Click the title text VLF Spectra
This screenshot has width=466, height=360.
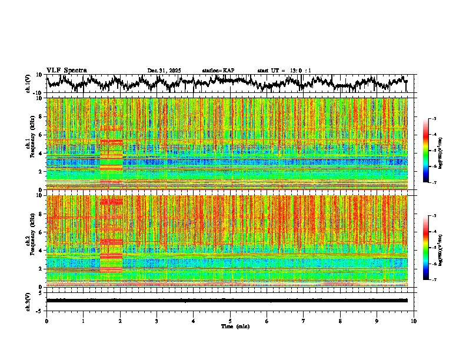click(66, 70)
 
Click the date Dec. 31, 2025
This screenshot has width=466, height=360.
click(164, 71)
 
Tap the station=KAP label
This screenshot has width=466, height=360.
click(218, 71)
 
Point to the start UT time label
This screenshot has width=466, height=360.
click(284, 71)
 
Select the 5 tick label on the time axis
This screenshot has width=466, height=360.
click(230, 321)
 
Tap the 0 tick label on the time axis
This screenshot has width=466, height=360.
click(46, 321)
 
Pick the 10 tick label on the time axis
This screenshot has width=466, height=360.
click(414, 321)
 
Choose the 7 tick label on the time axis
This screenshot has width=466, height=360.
click(304, 321)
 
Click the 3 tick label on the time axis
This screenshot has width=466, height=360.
click(157, 321)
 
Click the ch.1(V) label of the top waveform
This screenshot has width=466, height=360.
click(28, 84)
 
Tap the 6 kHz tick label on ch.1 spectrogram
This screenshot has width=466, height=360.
click(41, 135)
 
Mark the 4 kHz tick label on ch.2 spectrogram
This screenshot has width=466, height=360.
click(41, 250)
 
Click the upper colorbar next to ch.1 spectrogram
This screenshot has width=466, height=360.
click(431, 151)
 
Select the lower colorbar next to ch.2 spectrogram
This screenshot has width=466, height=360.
click(431, 248)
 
